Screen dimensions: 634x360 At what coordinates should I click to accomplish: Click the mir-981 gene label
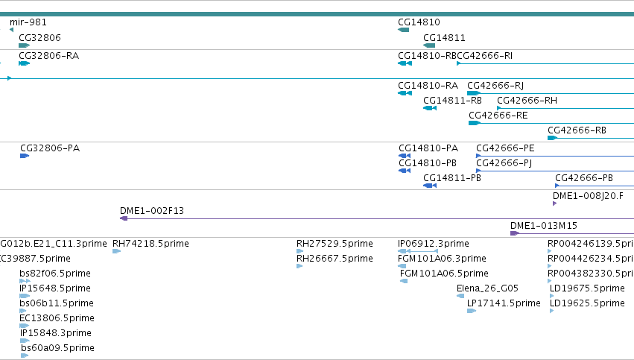point(28,22)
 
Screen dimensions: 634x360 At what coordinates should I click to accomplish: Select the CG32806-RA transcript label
point(49,56)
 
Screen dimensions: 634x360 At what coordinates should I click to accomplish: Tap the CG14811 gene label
point(444,38)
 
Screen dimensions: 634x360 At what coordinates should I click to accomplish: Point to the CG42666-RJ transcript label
point(495,86)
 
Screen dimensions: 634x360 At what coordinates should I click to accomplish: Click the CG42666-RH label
point(527,101)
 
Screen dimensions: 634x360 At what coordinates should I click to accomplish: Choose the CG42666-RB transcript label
point(577,130)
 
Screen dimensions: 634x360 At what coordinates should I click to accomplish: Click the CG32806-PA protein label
point(50,148)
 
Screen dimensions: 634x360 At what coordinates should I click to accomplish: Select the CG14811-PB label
point(452,178)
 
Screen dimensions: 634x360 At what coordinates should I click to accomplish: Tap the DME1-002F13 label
point(152,211)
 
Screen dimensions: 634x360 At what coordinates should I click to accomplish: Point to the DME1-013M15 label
point(544,226)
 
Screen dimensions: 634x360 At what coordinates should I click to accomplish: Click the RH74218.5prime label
point(150,244)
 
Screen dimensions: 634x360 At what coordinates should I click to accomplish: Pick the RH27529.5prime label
point(335,244)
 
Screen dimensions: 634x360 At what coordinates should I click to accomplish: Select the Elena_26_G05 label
point(488,288)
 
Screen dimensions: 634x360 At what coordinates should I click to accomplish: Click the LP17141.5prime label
point(504,303)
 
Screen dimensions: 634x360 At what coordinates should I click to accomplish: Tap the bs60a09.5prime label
point(58,348)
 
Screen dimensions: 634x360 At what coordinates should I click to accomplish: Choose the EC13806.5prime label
point(57,318)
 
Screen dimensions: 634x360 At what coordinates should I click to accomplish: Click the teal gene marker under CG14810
point(404,30)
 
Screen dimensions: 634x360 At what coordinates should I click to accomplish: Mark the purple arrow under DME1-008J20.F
point(555,203)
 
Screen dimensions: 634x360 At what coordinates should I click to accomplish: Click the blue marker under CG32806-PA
point(25,156)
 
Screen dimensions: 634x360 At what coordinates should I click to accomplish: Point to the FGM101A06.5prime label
point(444,274)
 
